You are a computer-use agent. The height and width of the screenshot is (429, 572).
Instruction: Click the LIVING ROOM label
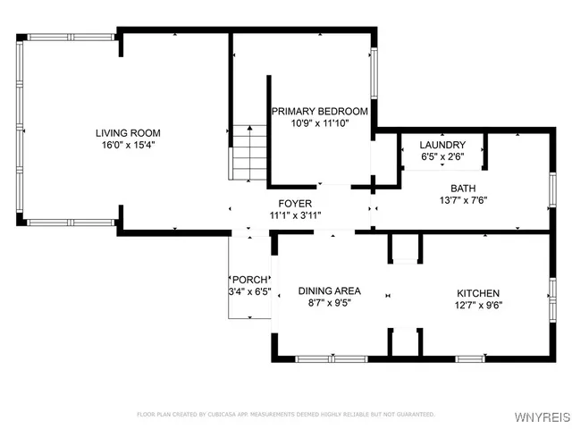pyautogui.click(x=128, y=133)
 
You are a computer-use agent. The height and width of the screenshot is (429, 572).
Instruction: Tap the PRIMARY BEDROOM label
pyautogui.click(x=320, y=111)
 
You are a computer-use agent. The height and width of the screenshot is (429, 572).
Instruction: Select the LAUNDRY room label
pyautogui.click(x=442, y=145)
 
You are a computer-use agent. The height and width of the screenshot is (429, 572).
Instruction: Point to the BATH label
pyautogui.click(x=463, y=189)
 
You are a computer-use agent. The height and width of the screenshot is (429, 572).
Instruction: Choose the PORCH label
pyautogui.click(x=250, y=280)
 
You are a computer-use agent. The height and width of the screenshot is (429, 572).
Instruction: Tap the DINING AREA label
pyautogui.click(x=330, y=290)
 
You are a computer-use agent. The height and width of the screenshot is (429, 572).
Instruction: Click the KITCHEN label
pyautogui.click(x=478, y=293)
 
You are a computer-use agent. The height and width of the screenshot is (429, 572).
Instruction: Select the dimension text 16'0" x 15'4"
pyautogui.click(x=129, y=145)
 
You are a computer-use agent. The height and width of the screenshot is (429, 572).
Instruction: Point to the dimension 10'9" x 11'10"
pyautogui.click(x=320, y=123)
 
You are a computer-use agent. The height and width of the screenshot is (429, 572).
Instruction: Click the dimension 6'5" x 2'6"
pyautogui.click(x=443, y=157)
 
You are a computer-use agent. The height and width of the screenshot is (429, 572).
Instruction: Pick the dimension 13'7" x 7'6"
pyautogui.click(x=463, y=200)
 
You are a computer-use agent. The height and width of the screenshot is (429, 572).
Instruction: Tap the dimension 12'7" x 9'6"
pyautogui.click(x=479, y=306)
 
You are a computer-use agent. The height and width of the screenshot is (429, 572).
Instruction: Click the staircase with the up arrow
pyautogui.click(x=249, y=153)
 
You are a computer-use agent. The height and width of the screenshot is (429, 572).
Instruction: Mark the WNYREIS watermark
pyautogui.click(x=543, y=417)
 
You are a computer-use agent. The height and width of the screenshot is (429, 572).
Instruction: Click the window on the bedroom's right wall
pyautogui.click(x=374, y=73)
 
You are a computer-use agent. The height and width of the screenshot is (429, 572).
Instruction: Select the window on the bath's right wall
pyautogui.click(x=552, y=189)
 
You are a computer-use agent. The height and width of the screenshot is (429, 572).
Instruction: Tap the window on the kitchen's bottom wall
pyautogui.click(x=470, y=359)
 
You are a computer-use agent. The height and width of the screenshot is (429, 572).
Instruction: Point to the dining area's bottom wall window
pyautogui.click(x=332, y=359)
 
